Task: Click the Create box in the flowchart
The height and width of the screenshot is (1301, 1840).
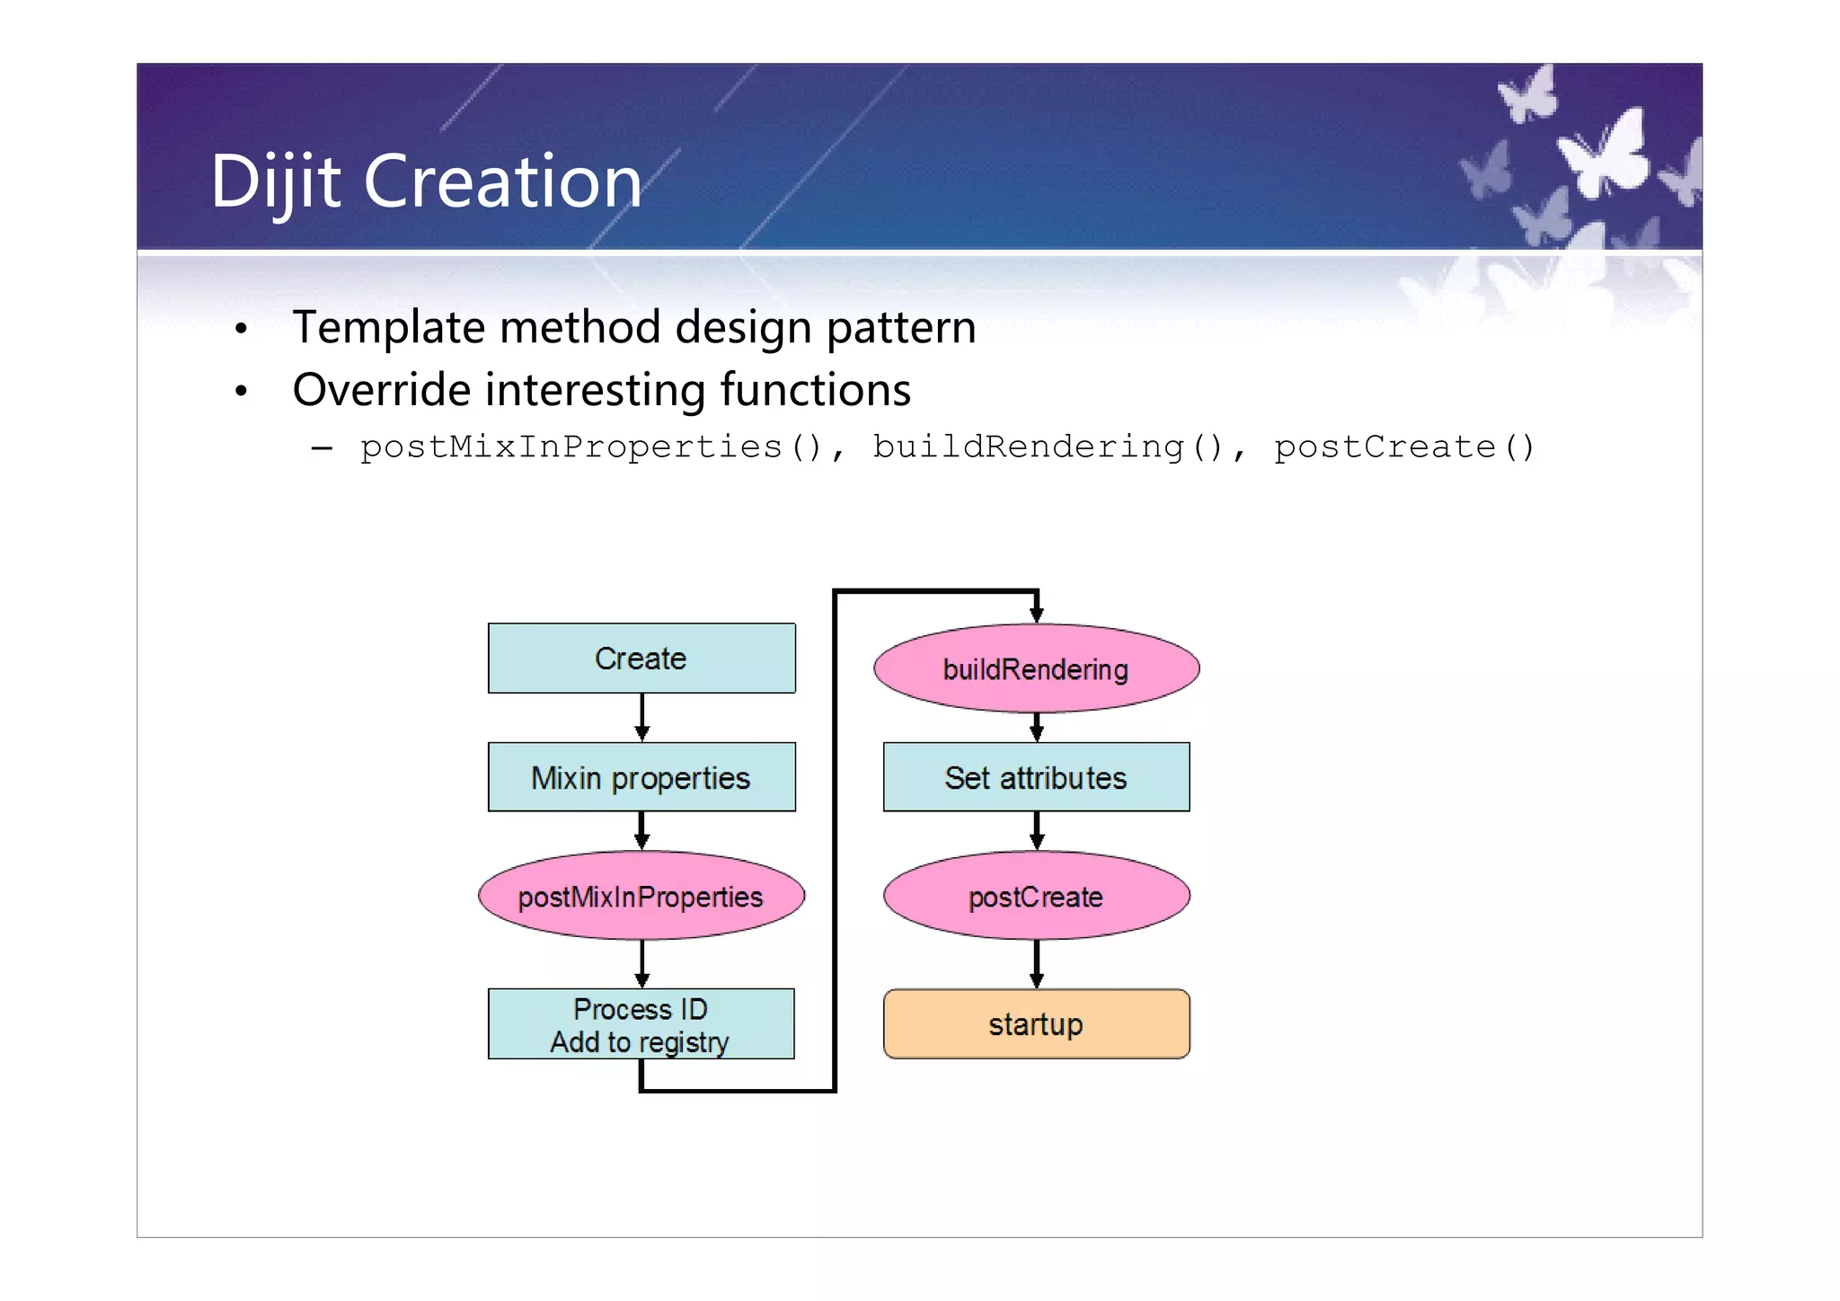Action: pos(641,659)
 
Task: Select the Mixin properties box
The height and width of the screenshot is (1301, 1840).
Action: pos(641,777)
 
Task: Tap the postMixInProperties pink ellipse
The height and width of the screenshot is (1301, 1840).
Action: pos(641,896)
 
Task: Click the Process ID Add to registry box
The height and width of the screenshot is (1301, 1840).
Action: pos(641,1024)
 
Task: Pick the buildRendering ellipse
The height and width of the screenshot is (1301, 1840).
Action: pos(1036,668)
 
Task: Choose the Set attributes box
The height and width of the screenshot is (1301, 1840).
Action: pos(1036,777)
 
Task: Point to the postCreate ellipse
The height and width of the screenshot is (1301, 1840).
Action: pos(1036,896)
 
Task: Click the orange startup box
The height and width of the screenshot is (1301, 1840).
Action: pos(1036,1024)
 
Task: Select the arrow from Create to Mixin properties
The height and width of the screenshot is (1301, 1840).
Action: pos(641,717)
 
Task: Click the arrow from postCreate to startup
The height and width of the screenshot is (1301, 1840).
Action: pos(1036,964)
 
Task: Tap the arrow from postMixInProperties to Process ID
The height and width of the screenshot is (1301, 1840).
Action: pos(641,964)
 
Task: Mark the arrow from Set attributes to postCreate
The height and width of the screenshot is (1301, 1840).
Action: pos(1036,831)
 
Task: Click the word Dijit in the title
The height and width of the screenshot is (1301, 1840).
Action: pos(275,182)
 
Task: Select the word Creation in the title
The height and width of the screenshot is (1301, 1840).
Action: pos(502,182)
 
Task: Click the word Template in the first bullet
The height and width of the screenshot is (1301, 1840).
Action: pos(389,327)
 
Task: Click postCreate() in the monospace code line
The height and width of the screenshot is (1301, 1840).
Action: pos(1404,447)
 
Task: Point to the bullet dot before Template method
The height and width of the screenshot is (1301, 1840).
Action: pos(240,329)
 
